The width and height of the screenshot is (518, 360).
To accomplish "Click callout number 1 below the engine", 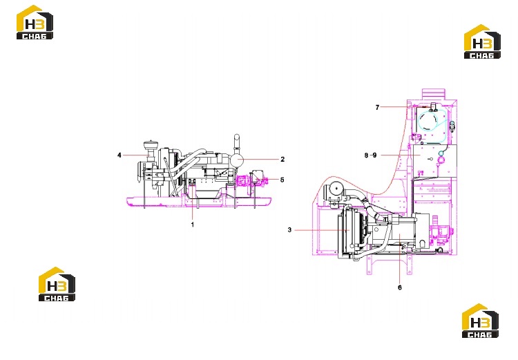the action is pyautogui.click(x=193, y=225).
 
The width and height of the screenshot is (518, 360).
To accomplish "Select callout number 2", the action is pyautogui.click(x=282, y=160).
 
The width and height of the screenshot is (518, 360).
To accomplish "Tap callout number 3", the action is pyautogui.click(x=289, y=230).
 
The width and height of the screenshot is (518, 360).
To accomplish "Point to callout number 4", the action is pyautogui.click(x=119, y=155).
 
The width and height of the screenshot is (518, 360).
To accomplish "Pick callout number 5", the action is pyautogui.click(x=282, y=180).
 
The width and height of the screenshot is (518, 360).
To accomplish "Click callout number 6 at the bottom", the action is pyautogui.click(x=400, y=287).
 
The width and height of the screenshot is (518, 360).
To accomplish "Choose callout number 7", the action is pyautogui.click(x=377, y=107).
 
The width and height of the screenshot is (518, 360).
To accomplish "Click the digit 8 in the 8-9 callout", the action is pyautogui.click(x=366, y=155).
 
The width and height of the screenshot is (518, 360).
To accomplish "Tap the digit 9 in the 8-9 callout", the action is pyautogui.click(x=374, y=155).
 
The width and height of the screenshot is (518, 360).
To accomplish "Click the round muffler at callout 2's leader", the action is pyautogui.click(x=236, y=160).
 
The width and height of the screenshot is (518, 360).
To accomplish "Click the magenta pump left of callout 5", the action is pyautogui.click(x=244, y=181).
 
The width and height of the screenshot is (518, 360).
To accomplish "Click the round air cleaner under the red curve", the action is pyautogui.click(x=336, y=190).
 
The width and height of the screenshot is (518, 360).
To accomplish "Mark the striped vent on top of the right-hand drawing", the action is pyautogui.click(x=434, y=93).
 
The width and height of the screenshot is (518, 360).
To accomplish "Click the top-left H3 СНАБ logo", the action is pyautogui.click(x=35, y=22).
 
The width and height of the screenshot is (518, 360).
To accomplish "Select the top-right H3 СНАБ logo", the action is pyautogui.click(x=482, y=41).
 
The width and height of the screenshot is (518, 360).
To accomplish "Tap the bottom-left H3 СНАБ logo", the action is pyautogui.click(x=57, y=284).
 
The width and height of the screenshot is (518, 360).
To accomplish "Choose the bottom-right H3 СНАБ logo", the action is pyautogui.click(x=480, y=321).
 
